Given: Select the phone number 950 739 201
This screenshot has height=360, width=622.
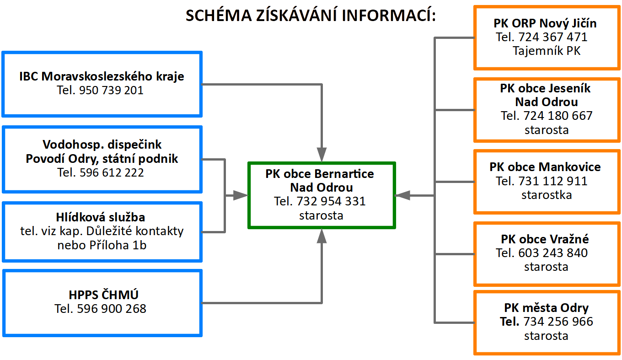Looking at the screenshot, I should (111, 91).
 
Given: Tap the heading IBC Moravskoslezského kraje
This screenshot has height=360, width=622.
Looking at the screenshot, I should (102, 76).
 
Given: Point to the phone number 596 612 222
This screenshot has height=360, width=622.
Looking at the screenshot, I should (112, 172).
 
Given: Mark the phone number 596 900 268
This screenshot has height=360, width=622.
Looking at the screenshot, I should (113, 309).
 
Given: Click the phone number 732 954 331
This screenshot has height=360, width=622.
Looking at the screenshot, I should (331, 201).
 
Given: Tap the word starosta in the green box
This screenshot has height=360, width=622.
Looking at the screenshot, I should (321, 215).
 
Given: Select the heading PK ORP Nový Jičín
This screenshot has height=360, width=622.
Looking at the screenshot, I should (545, 23).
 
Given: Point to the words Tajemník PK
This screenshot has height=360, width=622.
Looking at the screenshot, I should (547, 51).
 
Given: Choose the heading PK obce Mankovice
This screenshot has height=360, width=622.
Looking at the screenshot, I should (545, 167).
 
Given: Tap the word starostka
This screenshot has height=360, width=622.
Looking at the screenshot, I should (547, 194).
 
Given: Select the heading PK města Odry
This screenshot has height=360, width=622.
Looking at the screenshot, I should (547, 308).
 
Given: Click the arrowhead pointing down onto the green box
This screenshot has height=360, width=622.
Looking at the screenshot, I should (322, 155).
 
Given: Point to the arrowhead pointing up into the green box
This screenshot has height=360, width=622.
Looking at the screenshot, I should (322, 236).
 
